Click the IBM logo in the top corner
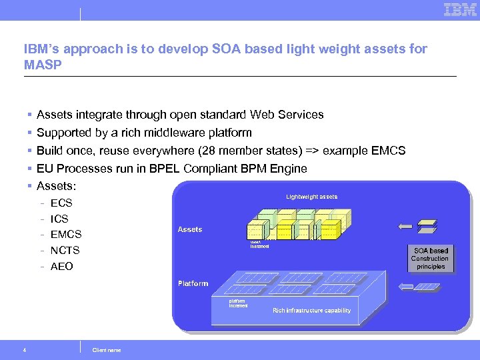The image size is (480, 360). click(x=460, y=9)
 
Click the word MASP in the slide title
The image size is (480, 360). click(x=41, y=65)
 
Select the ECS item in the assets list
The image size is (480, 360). click(x=61, y=203)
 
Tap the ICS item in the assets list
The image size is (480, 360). click(x=59, y=219)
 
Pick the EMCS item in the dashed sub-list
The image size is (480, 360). click(x=66, y=235)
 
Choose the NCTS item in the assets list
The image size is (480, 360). click(x=65, y=251)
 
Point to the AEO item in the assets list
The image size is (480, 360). click(x=62, y=267)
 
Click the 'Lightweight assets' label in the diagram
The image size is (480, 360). click(x=311, y=197)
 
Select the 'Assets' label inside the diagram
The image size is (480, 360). click(x=190, y=229)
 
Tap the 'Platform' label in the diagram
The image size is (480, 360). click(x=193, y=283)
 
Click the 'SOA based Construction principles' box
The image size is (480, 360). click(x=430, y=259)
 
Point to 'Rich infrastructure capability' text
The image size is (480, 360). click(x=311, y=311)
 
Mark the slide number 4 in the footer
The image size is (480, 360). click(x=25, y=350)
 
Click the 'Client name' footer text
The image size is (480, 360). click(x=107, y=350)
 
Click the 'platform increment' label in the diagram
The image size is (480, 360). click(x=238, y=303)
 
